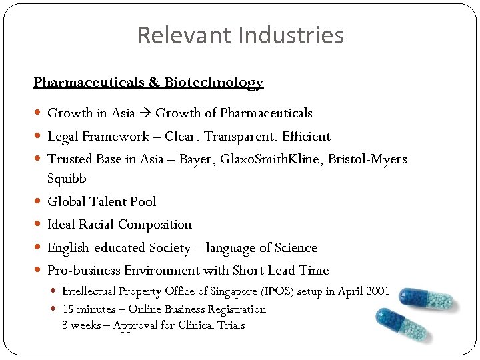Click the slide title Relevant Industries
coord(240,35)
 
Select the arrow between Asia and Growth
coord(145,113)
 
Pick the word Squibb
coord(67,179)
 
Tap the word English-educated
coord(97,248)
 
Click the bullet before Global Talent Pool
coord(39,201)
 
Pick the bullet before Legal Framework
coord(39,137)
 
